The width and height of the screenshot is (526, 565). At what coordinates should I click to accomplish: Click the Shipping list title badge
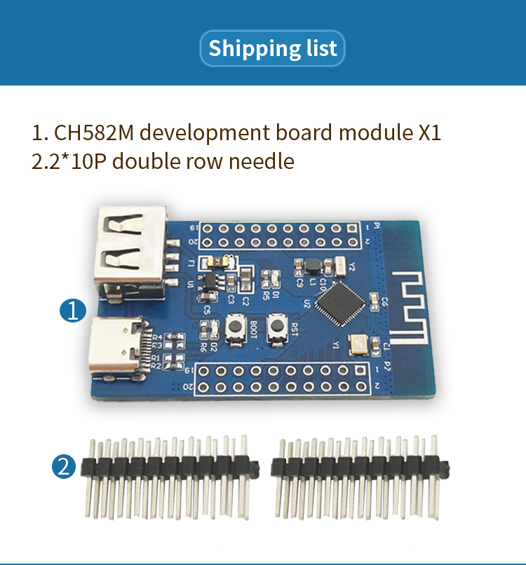[x=273, y=48]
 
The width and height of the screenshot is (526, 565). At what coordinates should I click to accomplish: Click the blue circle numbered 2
[x=65, y=466]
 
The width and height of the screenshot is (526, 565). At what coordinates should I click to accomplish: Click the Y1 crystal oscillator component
[x=358, y=343]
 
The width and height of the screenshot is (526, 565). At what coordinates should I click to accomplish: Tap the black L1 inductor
[x=311, y=266]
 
